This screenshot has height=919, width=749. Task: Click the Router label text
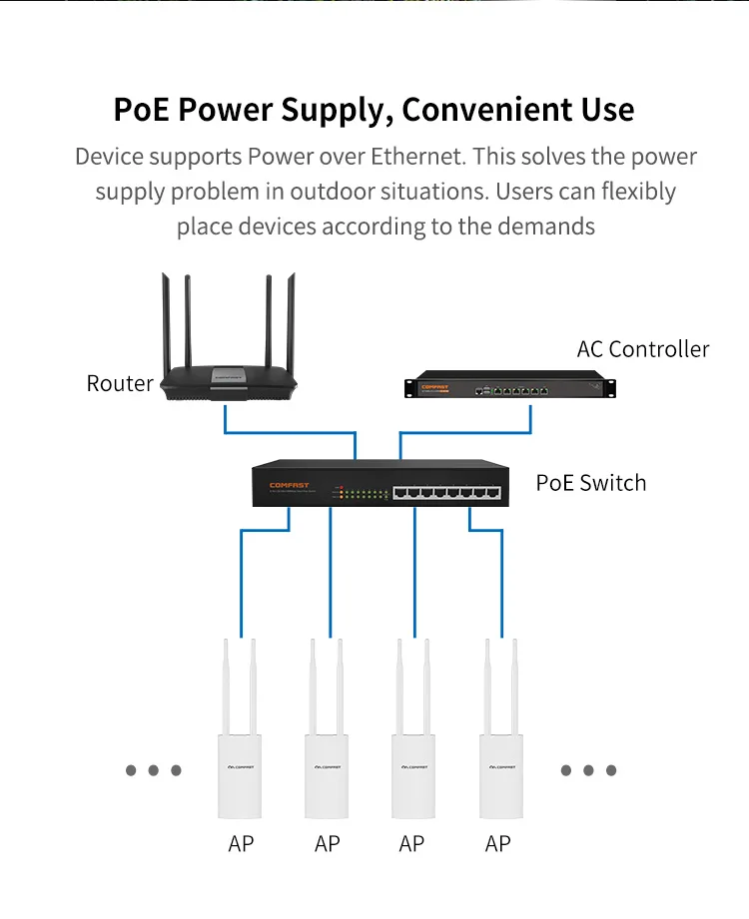pos(120,383)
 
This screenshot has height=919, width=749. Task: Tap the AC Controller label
pos(642,349)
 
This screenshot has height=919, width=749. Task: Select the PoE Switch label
pos(590,483)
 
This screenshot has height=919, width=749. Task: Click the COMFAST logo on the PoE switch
pos(290,486)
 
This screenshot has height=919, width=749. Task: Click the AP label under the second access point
pos(327,844)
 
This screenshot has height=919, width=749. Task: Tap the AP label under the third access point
pos(411,844)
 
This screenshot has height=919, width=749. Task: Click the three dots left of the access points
pos(153,770)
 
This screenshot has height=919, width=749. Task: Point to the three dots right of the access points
pos(588,770)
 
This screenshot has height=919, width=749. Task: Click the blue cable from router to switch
pos(290,432)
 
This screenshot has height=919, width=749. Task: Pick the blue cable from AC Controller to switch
pos(464,432)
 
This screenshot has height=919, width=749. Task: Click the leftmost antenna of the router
pos(165,319)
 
